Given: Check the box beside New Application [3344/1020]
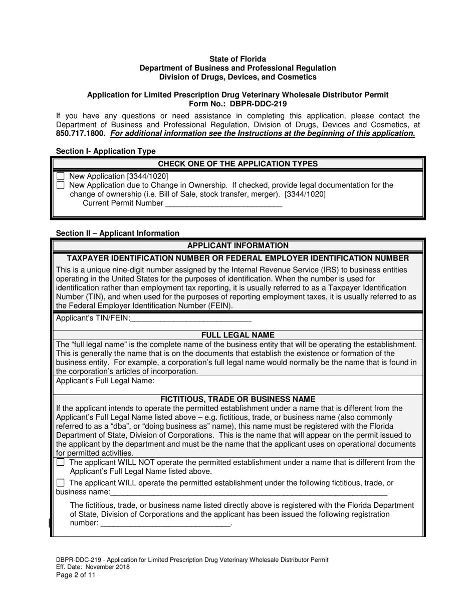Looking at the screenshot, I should pos(61,176).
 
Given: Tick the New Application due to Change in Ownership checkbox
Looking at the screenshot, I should pos(61,185).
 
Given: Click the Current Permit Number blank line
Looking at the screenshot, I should pos(223,204).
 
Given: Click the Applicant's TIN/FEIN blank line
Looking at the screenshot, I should pos(190,319).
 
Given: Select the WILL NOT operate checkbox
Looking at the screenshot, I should pos(61,463).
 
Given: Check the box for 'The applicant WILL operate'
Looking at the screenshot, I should pos(61,483).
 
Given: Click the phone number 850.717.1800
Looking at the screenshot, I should pos(81,134).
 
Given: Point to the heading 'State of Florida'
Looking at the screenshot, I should pos(237,59).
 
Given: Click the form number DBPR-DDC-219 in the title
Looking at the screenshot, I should pos(258,104).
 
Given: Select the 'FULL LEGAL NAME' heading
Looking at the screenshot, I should pos(237,335).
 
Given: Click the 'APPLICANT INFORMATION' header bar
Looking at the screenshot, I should pos(237,245).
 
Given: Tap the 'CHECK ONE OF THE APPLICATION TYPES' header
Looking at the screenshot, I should pos(237,164).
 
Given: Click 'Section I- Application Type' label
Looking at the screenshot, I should pos(106,151).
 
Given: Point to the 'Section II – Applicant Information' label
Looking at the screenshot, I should pos(117,233).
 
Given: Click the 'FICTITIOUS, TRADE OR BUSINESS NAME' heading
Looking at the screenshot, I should pos(237,399).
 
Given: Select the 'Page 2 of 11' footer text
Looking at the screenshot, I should pos(76,575).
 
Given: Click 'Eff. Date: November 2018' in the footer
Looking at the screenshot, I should pos(93,567).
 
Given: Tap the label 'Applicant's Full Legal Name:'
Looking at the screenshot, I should pos(105,381).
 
